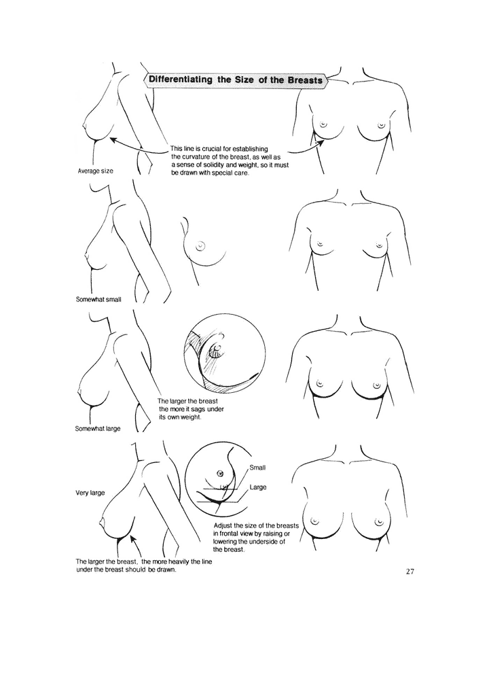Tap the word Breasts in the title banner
pos(305,80)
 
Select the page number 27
pos(410,571)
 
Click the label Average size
pos(95,171)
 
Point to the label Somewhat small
pos(98,300)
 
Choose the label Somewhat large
pos(98,429)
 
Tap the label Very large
pos(90,493)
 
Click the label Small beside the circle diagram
pos(257,468)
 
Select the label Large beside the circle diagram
pos(257,487)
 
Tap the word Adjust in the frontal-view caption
pos(223,526)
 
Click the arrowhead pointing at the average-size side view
pos(113,140)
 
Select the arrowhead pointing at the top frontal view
pos(321,143)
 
